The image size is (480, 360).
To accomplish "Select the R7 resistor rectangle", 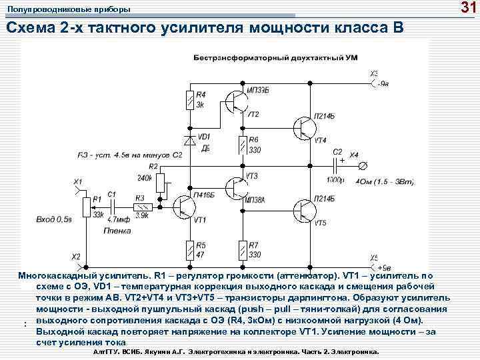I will [241, 250].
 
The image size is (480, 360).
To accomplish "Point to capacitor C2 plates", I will [336, 164].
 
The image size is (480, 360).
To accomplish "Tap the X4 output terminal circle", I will [363, 164].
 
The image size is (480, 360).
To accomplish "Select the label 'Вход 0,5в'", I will [55, 219].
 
